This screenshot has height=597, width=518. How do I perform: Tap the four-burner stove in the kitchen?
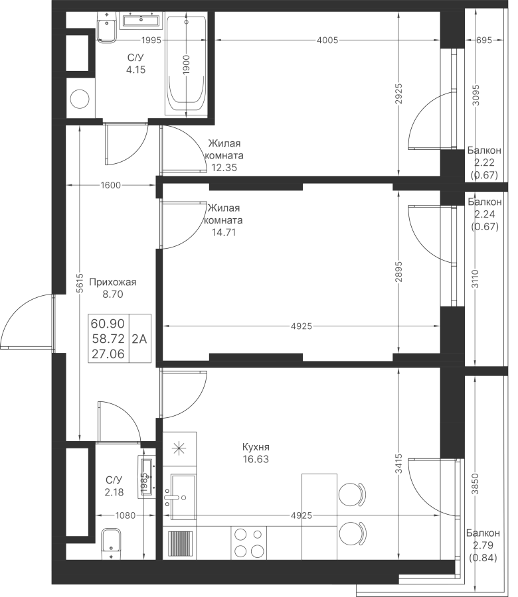(248, 543)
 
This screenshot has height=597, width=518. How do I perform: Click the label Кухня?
(256, 446)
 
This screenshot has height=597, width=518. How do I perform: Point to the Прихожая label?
(112, 282)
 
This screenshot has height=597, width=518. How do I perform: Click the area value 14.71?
(224, 232)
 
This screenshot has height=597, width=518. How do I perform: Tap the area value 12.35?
(224, 167)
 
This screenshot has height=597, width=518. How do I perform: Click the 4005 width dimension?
(327, 40)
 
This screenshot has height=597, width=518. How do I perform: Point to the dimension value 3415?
(398, 464)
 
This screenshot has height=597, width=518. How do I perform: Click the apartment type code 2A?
(139, 338)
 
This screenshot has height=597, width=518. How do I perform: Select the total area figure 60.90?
(108, 324)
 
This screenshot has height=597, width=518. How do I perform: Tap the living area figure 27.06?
(108, 354)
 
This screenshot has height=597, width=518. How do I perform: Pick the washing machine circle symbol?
(80, 99)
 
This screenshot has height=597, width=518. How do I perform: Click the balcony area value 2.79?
(483, 545)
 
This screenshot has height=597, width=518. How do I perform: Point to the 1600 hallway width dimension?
(110, 186)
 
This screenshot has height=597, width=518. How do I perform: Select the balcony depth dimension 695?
(484, 40)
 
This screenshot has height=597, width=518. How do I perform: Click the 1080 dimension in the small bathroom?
(126, 515)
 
